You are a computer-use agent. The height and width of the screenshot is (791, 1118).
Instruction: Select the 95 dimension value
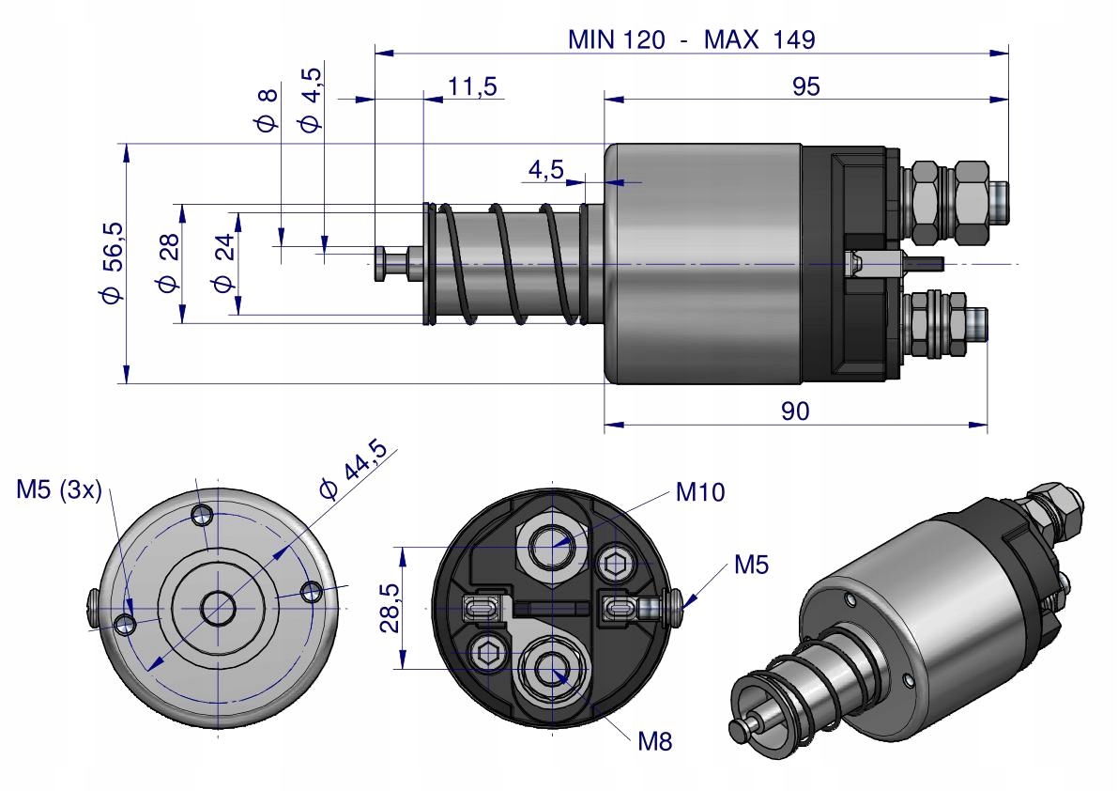coord(805,85)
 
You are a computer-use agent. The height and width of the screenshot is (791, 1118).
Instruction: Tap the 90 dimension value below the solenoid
coord(794,411)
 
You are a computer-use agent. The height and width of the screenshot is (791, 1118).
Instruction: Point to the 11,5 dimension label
coord(471,86)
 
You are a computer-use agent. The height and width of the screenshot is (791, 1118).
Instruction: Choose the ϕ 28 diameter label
coord(168,263)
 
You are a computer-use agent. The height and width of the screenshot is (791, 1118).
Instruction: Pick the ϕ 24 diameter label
coord(222,264)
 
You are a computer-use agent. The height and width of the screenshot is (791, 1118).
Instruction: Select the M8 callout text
coord(654,740)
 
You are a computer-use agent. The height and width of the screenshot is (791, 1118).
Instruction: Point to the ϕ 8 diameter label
coord(268,110)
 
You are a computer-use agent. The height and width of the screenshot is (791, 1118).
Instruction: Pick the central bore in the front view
coord(218,609)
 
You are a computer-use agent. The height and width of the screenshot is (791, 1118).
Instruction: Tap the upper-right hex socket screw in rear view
coord(617,566)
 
